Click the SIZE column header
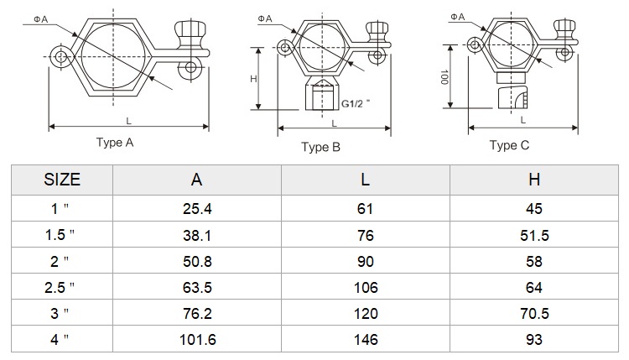coord(62,180)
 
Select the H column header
coord(534,180)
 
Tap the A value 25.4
coord(197,209)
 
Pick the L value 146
coord(366,340)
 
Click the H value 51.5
coord(534,235)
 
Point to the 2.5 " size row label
coord(60,287)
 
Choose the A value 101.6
coord(197,340)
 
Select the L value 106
coord(366,287)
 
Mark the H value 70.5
coord(534,314)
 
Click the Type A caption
coord(115,143)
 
